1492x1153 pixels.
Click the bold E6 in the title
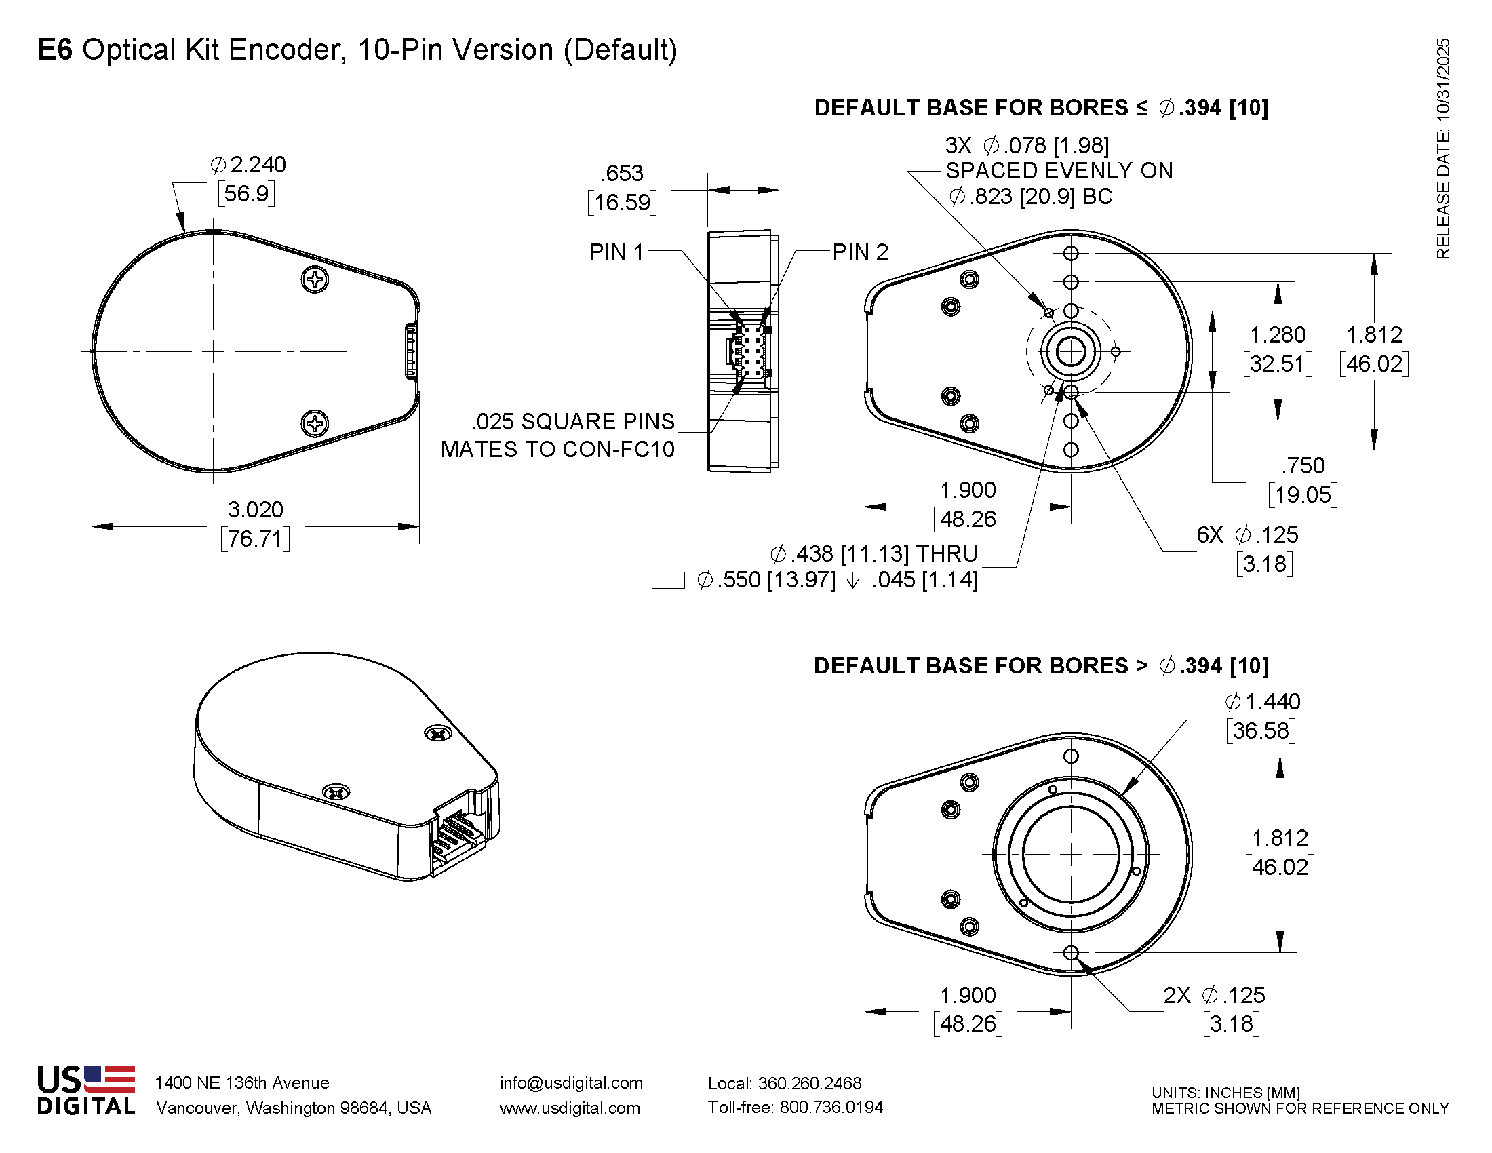coord(55,50)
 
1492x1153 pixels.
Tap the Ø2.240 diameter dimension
coord(248,165)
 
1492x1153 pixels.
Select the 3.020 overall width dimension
coord(255,510)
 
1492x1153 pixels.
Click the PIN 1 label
coord(616,252)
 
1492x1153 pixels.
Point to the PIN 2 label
coord(860,252)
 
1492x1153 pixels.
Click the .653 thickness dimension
coord(623,174)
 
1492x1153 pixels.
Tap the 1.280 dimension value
coord(1277,334)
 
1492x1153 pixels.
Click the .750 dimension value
coord(1303,466)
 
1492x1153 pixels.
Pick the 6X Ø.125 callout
coord(1246,535)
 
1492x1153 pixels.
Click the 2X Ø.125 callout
coord(1214,995)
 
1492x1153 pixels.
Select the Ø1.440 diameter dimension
coord(1262,701)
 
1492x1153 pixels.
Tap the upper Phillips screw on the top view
coord(315,279)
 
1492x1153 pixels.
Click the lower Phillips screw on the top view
coord(315,423)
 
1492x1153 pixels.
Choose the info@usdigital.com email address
coord(571,1082)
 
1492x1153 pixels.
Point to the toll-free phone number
coord(796,1108)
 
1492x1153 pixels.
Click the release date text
coord(1442,149)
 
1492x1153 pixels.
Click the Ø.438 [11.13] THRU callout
coord(873,553)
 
